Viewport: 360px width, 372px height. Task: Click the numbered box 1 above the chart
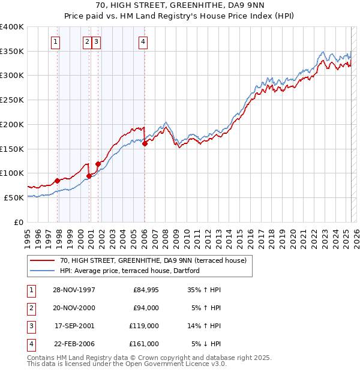coord(55,41)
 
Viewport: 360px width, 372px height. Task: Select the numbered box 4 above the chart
coord(143,41)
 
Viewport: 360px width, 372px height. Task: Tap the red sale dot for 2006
coord(145,143)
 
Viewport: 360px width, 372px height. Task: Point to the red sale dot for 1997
coord(58,180)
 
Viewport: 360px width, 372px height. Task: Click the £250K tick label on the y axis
coord(12,100)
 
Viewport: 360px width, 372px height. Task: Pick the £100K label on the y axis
coord(12,173)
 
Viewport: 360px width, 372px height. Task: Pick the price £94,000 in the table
coord(146,308)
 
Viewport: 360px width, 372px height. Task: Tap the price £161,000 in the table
coord(144,344)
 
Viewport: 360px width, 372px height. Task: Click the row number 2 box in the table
coord(30,308)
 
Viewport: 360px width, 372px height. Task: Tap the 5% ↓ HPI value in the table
coord(207,344)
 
